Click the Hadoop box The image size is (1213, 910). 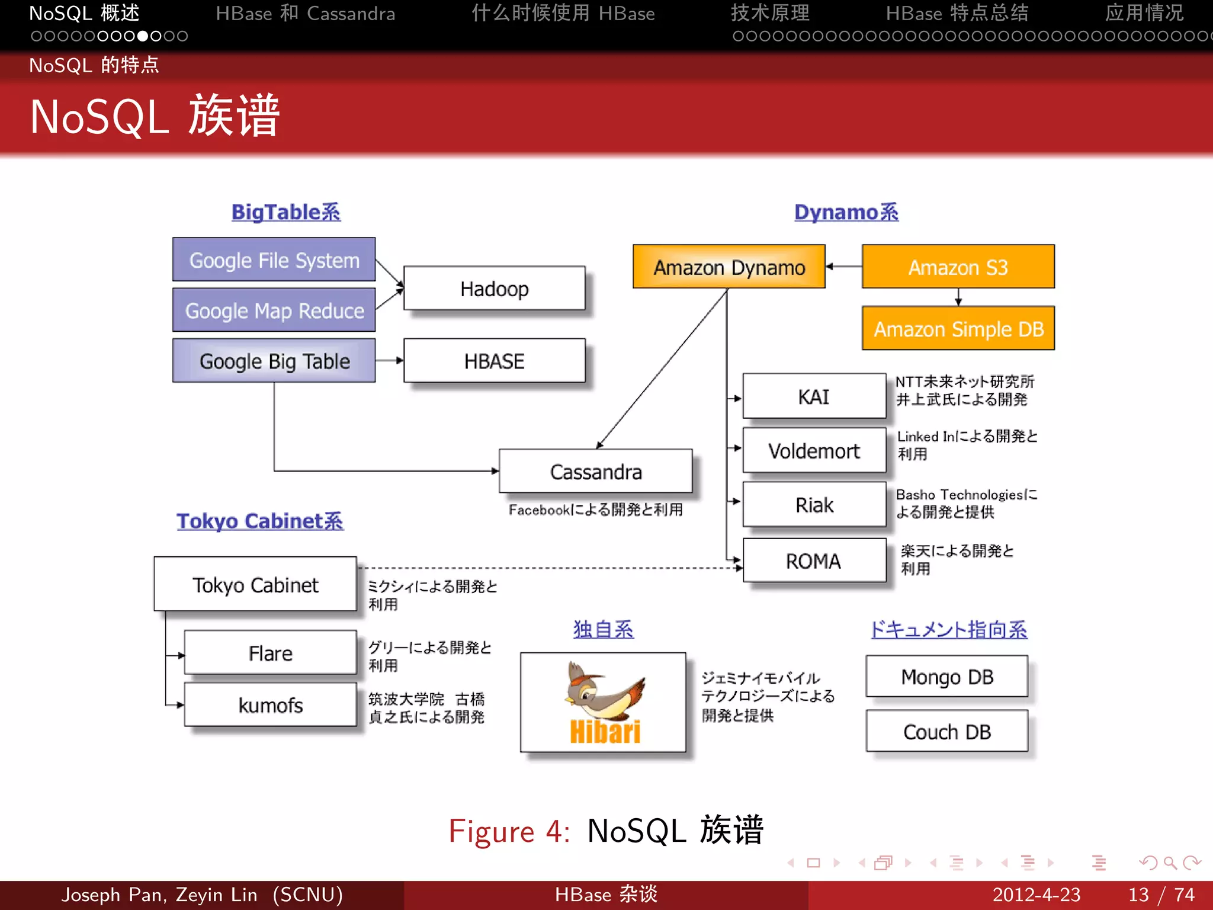click(494, 289)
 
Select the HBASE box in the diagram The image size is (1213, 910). click(494, 361)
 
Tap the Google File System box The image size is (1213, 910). click(274, 259)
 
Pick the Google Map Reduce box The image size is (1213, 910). click(274, 310)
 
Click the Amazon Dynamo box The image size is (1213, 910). click(729, 267)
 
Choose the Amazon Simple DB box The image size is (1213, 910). click(958, 329)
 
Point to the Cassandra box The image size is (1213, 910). click(595, 472)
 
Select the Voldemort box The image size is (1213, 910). click(814, 451)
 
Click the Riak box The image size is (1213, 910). click(814, 505)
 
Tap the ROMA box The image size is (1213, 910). click(814, 560)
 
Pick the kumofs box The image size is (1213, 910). click(270, 705)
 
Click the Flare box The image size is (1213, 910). click(270, 653)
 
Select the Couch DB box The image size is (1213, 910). click(946, 732)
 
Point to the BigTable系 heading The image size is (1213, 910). click(285, 212)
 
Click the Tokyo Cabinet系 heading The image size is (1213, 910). click(259, 521)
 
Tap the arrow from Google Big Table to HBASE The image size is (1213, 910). click(389, 360)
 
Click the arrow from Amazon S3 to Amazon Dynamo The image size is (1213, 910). click(843, 267)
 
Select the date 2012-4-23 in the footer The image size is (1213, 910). click(1036, 895)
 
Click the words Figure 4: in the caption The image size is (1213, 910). click(509, 831)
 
